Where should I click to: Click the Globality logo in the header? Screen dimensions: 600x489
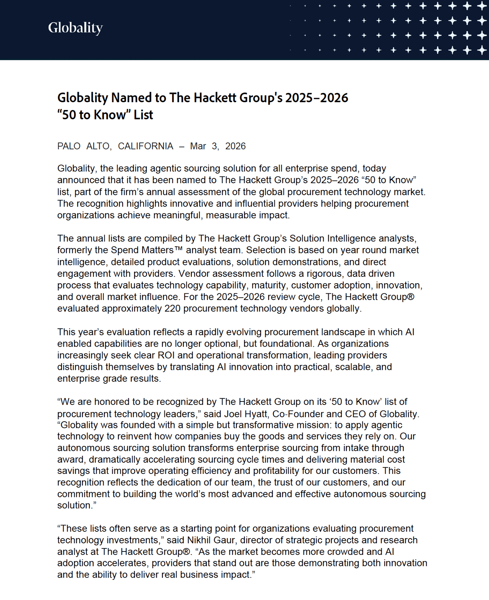tap(75, 28)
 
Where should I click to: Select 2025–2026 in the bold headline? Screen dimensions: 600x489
tap(316, 98)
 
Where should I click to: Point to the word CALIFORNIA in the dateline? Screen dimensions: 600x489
tap(145, 146)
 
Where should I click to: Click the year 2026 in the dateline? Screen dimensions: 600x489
tap(235, 146)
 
